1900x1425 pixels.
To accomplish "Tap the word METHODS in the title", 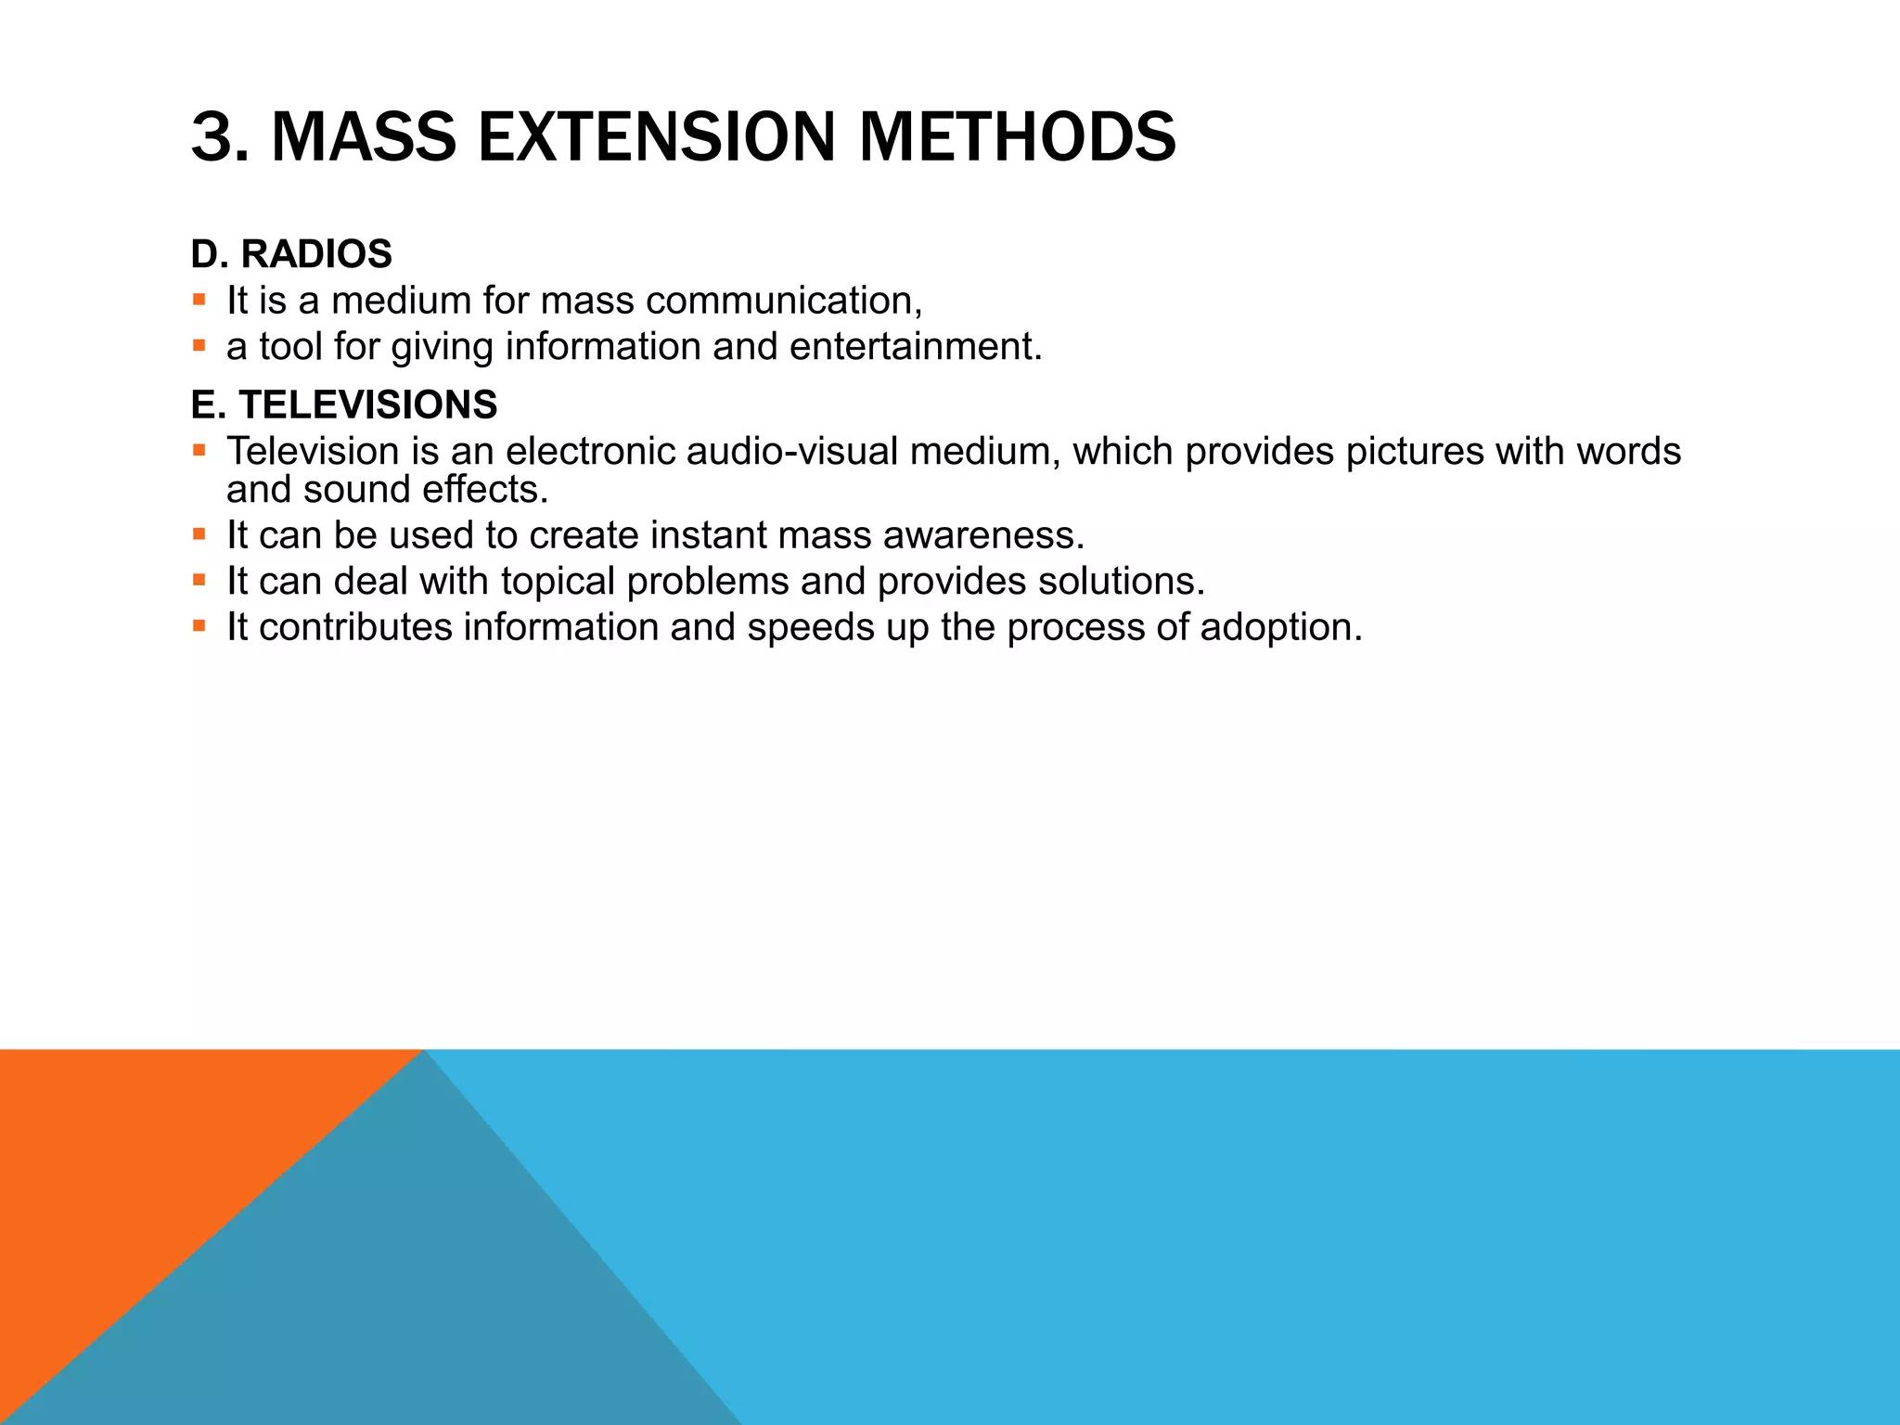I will pos(1018,137).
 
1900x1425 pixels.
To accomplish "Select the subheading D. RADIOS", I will pos(291,254).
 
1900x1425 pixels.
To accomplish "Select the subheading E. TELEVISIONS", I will pos(344,405).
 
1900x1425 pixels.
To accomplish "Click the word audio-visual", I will pos(794,452).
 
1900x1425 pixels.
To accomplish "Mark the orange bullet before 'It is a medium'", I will pos(199,300).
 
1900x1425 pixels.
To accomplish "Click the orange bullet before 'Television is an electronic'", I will pos(199,451).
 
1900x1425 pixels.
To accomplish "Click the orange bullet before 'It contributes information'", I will pos(199,626).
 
